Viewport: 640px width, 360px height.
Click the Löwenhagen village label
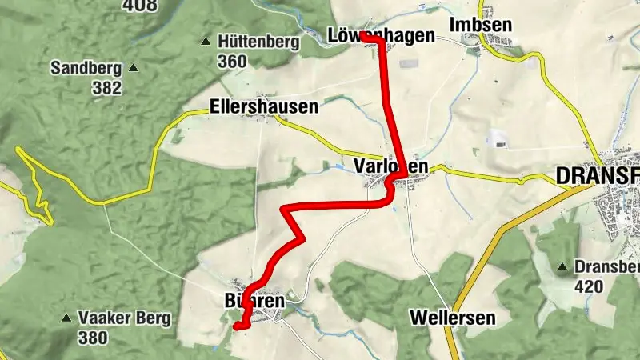click(382, 36)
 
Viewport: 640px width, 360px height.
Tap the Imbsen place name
click(480, 25)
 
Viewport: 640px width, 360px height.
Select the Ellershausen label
click(263, 106)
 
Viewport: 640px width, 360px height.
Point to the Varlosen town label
click(390, 166)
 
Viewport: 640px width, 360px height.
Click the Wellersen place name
click(452, 318)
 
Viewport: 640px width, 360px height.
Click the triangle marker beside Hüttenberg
click(206, 42)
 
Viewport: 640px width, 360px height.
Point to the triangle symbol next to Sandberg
click(133, 68)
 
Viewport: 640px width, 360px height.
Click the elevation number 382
click(106, 88)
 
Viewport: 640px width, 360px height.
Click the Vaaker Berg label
click(124, 318)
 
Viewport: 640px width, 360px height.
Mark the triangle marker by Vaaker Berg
click(66, 318)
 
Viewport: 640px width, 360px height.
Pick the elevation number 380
click(93, 338)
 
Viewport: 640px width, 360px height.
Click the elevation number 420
click(590, 285)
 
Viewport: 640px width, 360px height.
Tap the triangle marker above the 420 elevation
click(565, 266)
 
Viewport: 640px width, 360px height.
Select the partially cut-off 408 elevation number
click(138, 4)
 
